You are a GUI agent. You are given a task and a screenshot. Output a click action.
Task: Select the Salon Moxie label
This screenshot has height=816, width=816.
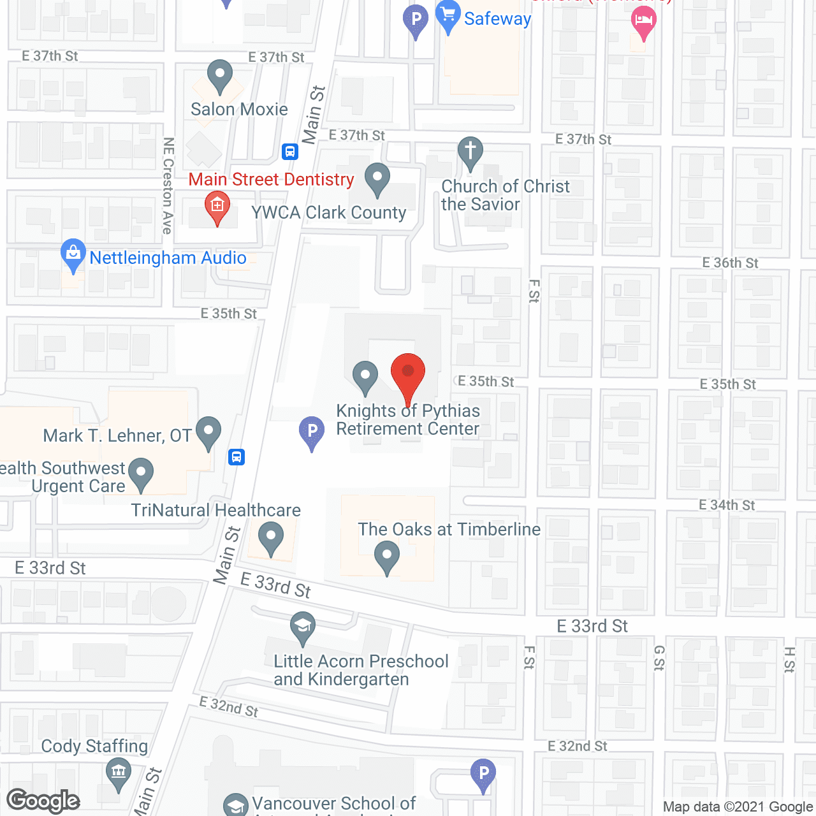point(239,109)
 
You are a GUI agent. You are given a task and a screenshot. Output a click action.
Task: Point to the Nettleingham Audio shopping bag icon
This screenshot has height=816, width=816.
point(73,254)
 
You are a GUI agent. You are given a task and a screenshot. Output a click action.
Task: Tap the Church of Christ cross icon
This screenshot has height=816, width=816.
point(470,152)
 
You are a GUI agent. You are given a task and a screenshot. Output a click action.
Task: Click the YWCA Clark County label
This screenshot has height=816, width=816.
point(328,212)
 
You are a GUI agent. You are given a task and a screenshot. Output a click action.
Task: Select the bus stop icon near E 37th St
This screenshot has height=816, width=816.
point(290,152)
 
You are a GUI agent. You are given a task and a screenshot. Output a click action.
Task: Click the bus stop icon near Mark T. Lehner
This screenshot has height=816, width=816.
point(237,456)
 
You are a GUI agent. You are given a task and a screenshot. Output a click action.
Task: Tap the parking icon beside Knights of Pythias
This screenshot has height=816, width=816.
point(312,432)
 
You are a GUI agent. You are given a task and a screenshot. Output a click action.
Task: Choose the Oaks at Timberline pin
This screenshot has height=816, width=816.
point(387,556)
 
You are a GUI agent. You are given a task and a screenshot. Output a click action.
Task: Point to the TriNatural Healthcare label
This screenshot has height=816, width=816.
point(215,510)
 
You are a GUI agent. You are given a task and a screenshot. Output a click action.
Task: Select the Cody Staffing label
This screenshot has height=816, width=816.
point(94,746)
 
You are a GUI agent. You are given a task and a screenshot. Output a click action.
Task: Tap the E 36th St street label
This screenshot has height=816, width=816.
point(730,263)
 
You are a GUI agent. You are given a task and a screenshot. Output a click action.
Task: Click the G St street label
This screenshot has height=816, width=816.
point(659,658)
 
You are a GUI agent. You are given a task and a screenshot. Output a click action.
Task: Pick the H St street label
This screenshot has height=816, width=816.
point(789,660)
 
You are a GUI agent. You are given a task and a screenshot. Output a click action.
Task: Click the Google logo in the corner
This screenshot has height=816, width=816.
point(43,801)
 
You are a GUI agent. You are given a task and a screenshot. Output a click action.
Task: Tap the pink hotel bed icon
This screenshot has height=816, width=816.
point(643,23)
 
